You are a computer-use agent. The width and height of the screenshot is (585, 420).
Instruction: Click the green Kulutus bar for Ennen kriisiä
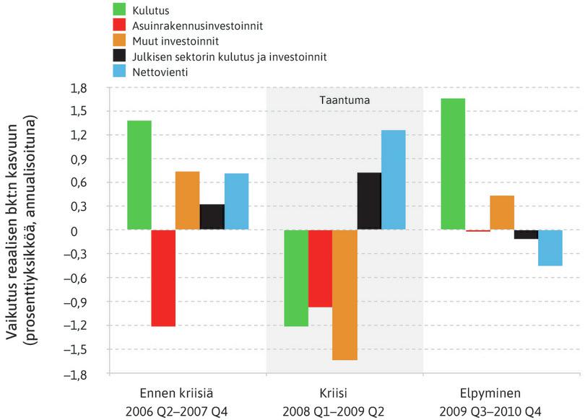139,175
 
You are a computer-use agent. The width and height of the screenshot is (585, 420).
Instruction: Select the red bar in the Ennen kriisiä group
163,278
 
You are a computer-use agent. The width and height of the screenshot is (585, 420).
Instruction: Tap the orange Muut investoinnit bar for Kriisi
344,294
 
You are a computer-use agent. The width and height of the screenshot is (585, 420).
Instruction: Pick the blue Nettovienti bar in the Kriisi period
393,180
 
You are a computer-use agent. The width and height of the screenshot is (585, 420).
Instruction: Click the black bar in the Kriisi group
369,201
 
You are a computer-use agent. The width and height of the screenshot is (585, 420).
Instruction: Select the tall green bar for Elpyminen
453,164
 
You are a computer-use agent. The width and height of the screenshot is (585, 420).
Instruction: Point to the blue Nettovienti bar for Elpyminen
550,248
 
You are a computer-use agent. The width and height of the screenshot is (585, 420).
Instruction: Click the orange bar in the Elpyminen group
501,213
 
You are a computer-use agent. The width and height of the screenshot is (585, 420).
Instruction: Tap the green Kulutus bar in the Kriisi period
296,278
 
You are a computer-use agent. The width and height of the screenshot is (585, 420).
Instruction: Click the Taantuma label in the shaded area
344,100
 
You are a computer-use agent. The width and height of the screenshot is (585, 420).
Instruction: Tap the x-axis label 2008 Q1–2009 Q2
344,411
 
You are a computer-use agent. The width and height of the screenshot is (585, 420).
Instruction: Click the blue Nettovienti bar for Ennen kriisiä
236,201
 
